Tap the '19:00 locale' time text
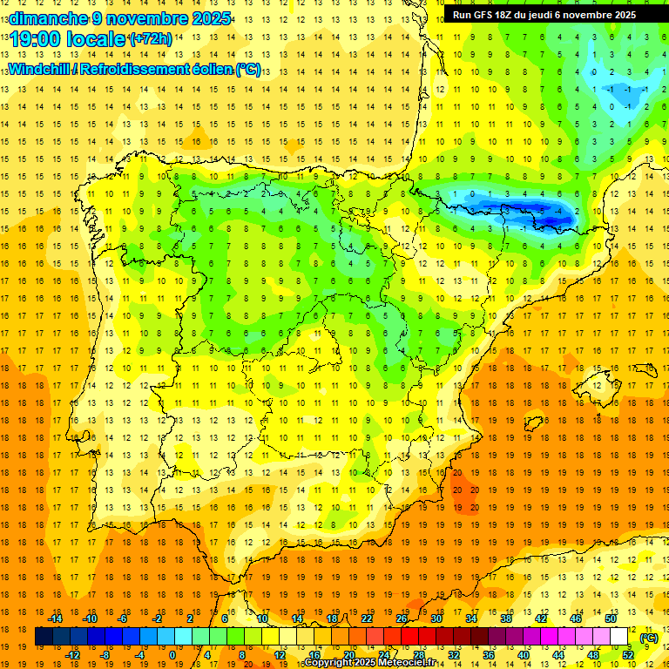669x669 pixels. point(66,39)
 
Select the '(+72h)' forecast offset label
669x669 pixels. point(150,39)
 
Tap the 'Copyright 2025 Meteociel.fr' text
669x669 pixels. point(369,662)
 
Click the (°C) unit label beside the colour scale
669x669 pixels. point(649,638)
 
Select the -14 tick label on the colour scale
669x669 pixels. point(56,618)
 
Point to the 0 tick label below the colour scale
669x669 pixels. point(172,655)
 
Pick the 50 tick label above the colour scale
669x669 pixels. point(610,618)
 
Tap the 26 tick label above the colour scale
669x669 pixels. point(402,618)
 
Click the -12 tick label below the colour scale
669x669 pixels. point(74,655)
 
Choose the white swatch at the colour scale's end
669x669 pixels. point(619,637)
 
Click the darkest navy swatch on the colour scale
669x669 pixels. point(44,637)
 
